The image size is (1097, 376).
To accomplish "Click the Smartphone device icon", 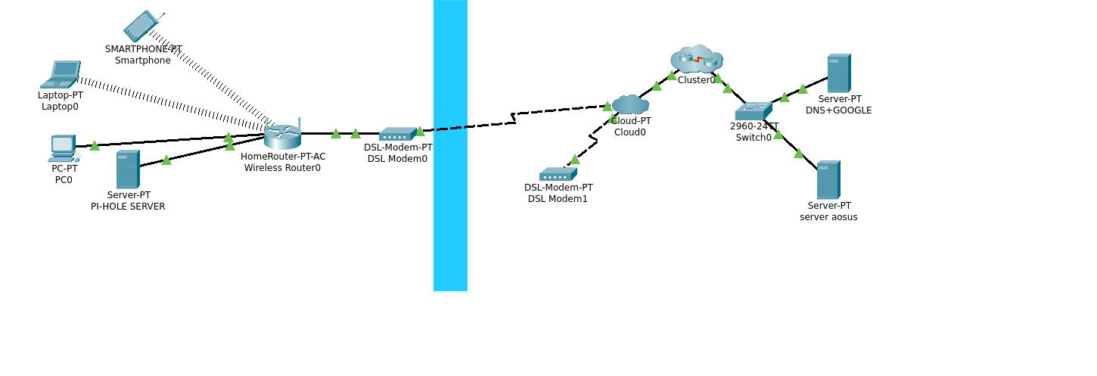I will click(141, 26).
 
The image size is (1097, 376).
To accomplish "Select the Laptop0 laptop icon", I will click(61, 74).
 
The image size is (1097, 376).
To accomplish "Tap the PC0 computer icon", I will click(63, 148).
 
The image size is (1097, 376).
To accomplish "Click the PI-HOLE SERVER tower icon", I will click(127, 169).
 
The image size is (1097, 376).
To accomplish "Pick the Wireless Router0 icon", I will click(282, 136).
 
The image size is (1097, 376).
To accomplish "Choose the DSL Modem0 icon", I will click(397, 134).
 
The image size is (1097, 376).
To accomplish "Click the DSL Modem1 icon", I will click(558, 174).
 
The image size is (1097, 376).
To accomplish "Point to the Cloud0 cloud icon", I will click(629, 104).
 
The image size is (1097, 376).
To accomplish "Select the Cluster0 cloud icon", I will click(696, 58).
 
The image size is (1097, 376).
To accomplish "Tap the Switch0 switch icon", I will click(753, 111).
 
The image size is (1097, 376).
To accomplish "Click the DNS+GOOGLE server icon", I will click(838, 73).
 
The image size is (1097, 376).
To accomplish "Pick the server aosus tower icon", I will click(828, 180).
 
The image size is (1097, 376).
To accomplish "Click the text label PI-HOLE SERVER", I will click(128, 207).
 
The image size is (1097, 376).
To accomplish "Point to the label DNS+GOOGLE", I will click(838, 110).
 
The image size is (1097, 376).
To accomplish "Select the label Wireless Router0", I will click(282, 168).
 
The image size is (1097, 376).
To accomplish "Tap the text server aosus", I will click(828, 217).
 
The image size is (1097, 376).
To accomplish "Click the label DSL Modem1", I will click(558, 199).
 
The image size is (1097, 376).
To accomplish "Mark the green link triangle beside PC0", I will click(95, 146).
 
